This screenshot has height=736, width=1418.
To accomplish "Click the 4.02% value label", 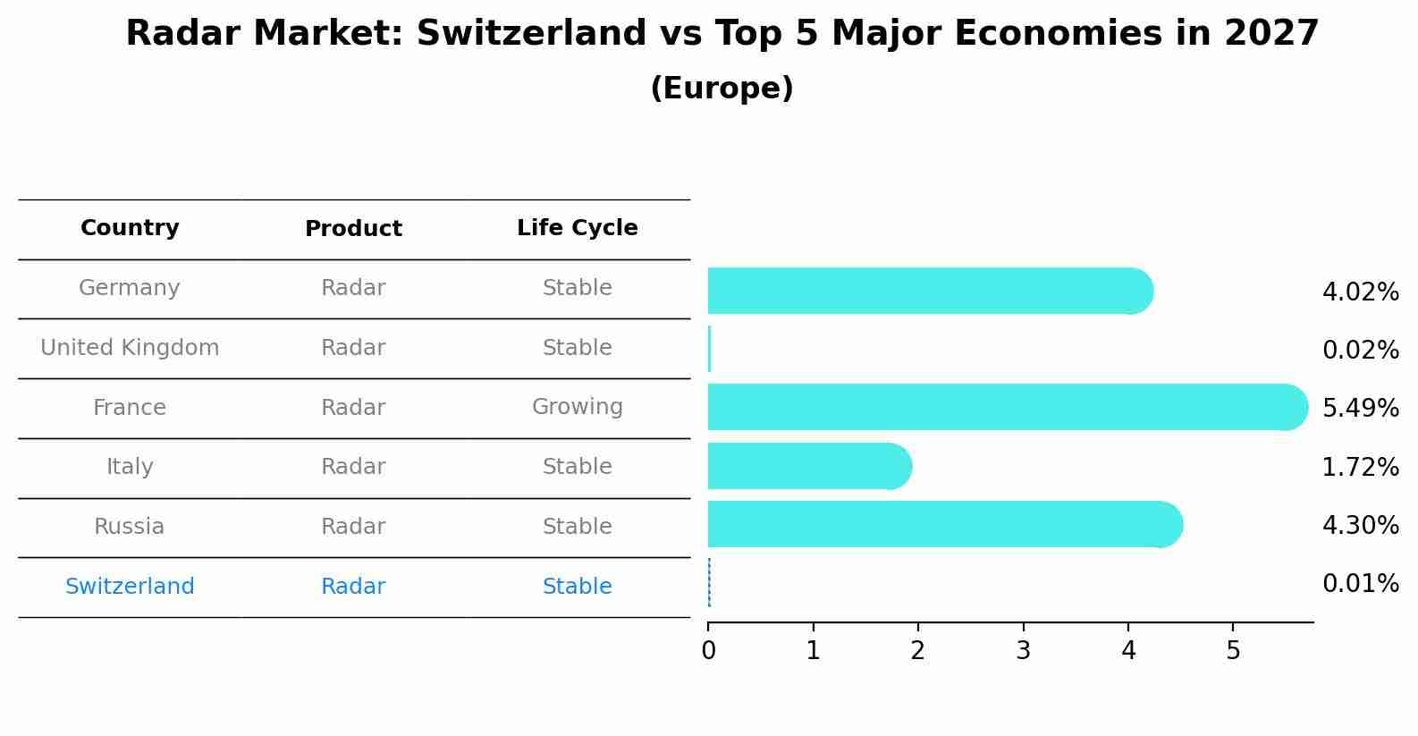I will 1360,292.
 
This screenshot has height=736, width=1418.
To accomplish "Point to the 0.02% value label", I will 1360,351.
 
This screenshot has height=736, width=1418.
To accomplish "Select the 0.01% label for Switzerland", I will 1360,584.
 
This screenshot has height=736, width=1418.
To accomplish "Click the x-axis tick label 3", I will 1023,651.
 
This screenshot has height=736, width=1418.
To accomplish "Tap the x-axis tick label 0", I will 708,651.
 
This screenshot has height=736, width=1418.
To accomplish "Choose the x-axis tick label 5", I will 1233,651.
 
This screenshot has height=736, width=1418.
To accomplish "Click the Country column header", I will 130,228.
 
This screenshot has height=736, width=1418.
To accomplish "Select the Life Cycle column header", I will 577,228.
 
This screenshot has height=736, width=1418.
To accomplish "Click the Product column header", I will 353,229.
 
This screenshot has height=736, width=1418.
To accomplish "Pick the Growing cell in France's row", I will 577,407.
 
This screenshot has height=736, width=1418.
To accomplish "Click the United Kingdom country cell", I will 130,348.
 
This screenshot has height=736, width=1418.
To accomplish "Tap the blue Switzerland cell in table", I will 130,587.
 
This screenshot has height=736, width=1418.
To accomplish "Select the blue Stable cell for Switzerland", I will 577,587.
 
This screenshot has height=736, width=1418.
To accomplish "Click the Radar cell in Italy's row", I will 353,467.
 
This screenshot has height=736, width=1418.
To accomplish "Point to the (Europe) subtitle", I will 722,89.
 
